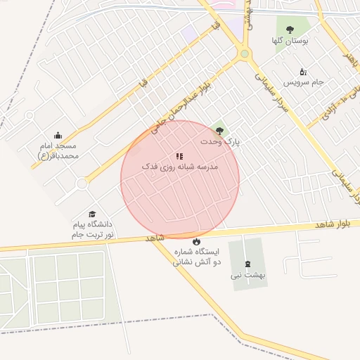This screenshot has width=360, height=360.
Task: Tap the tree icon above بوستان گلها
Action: click(x=290, y=30)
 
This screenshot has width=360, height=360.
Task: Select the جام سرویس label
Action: click(x=309, y=82)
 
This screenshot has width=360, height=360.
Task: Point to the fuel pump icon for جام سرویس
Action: click(x=303, y=72)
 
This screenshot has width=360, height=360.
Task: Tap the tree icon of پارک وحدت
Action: click(x=220, y=130)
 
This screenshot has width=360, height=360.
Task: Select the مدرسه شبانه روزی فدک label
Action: click(x=180, y=167)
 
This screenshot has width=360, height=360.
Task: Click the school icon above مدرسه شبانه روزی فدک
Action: click(x=180, y=156)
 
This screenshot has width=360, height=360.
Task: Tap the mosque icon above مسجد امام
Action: click(x=58, y=136)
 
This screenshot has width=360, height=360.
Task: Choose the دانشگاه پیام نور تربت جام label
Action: click(x=93, y=229)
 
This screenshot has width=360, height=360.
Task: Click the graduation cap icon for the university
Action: click(x=92, y=214)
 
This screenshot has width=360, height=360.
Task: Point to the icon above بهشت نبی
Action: click(x=247, y=264)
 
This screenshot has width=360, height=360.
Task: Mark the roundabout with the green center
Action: click(x=244, y=53)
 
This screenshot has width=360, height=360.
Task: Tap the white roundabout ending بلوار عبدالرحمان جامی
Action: click(x=82, y=184)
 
